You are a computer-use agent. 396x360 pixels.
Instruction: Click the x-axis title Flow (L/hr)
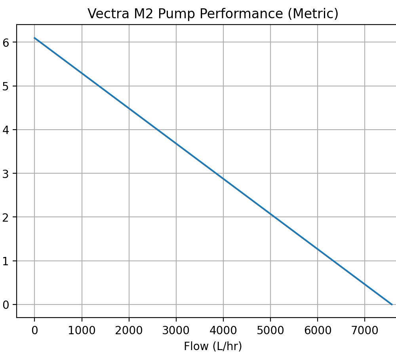point(213,347)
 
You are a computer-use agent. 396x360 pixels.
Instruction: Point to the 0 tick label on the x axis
point(34,330)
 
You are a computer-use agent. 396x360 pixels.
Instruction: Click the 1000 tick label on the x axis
point(82,330)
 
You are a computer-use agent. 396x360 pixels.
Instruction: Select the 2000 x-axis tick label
point(129,330)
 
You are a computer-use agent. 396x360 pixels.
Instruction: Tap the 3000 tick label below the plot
point(176,330)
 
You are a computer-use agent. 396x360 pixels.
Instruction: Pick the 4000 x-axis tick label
point(223,330)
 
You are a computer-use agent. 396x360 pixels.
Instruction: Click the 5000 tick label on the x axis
point(270,330)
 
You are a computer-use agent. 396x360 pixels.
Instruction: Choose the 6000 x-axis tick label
point(317,330)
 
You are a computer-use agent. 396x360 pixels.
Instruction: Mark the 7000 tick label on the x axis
point(364,330)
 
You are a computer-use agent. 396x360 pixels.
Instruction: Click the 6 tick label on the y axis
point(6,42)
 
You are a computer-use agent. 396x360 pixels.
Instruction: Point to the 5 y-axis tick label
point(6,86)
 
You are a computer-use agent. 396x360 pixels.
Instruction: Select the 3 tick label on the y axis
point(6,173)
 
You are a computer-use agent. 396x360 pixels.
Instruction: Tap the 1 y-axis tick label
point(6,261)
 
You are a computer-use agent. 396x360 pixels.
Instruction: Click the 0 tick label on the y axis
point(6,304)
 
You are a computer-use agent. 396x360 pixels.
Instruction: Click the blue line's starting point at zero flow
point(34,38)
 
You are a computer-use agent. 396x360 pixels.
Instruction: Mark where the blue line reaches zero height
point(392,304)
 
